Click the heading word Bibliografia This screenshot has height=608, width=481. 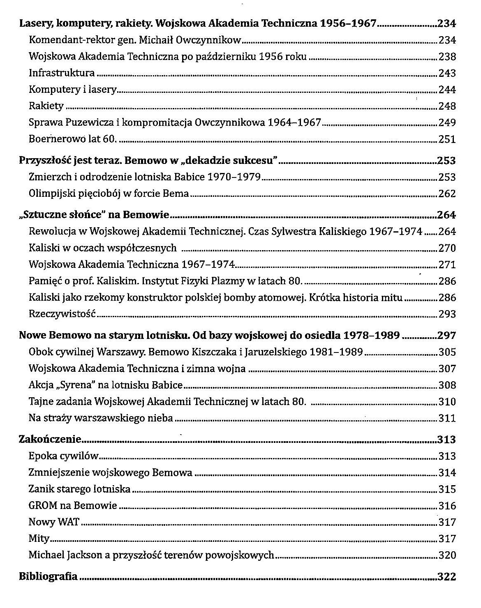[48, 576]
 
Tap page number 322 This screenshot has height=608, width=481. [447, 577]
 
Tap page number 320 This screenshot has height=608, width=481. [447, 555]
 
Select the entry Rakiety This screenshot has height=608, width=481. [46, 106]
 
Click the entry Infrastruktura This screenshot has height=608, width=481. [62, 73]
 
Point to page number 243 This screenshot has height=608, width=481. [447, 74]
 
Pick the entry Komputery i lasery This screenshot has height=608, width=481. [73, 90]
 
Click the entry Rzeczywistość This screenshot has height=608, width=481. [62, 314]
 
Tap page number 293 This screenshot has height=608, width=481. [447, 314]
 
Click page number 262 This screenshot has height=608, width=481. [447, 193]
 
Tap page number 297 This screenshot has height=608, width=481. [447, 336]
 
